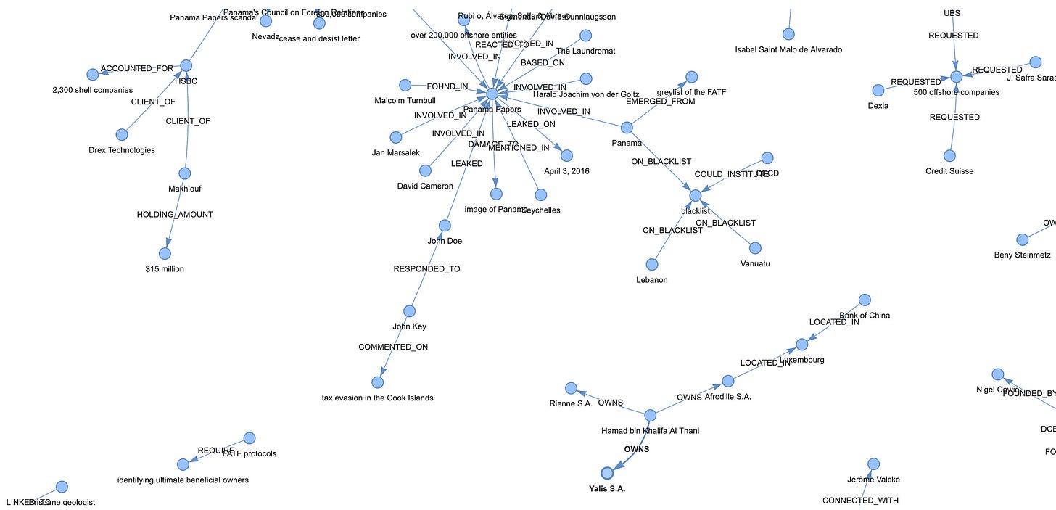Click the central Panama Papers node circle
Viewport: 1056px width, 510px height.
click(x=492, y=94)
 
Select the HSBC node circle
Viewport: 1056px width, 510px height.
click(x=186, y=65)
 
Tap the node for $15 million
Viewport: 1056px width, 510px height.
click(x=165, y=253)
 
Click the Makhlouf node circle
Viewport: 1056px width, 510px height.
click(x=184, y=173)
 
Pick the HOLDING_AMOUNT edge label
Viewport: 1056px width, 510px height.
click(x=175, y=215)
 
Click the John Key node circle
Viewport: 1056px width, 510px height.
click(x=409, y=310)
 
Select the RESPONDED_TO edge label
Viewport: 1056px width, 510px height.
click(x=426, y=269)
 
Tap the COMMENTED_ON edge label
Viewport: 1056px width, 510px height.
click(x=393, y=347)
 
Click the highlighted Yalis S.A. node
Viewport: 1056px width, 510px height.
click(x=607, y=473)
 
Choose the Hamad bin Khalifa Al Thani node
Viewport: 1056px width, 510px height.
click(x=650, y=415)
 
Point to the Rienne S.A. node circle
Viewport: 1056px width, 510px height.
click(x=571, y=388)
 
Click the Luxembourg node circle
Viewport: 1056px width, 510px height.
click(x=801, y=344)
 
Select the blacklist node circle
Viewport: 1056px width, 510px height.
click(x=695, y=195)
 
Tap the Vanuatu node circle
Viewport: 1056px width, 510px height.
click(x=755, y=248)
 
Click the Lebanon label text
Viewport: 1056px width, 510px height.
click(x=651, y=280)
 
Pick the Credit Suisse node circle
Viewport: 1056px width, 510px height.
click(x=949, y=155)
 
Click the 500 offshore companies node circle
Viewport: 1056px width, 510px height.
click(x=956, y=76)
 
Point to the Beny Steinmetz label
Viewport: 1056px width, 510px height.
click(x=1022, y=255)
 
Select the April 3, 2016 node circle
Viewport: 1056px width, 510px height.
click(x=566, y=155)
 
